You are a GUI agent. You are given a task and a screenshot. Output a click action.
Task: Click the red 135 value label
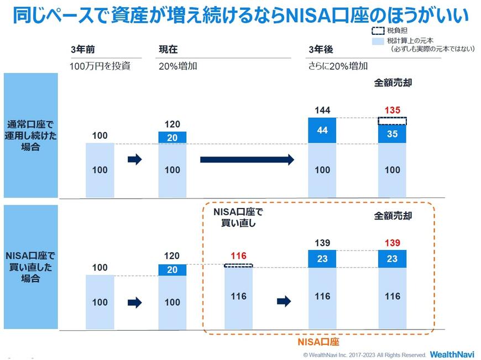[393, 110]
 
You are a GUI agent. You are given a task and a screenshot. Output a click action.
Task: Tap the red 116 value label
[238, 256]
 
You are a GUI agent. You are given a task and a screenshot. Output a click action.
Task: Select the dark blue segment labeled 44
[322, 130]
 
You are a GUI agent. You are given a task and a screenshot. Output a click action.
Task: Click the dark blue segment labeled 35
[393, 134]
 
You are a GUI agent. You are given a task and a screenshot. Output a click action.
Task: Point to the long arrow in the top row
[247, 160]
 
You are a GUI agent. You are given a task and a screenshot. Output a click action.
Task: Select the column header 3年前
[82, 50]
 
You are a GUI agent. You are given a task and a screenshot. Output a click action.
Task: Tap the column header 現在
[168, 50]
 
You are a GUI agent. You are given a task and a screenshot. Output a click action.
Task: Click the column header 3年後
[321, 50]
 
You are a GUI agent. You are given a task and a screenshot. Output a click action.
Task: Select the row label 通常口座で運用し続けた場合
[32, 135]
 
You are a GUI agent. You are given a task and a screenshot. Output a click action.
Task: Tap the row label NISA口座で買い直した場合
[32, 268]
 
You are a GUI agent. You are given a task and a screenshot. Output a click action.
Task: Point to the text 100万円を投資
[100, 66]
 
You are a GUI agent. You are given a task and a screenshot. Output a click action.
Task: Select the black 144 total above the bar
[322, 110]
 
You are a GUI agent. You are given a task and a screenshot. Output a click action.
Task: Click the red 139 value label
[393, 243]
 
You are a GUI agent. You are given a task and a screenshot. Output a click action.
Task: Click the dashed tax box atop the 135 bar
[393, 121]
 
